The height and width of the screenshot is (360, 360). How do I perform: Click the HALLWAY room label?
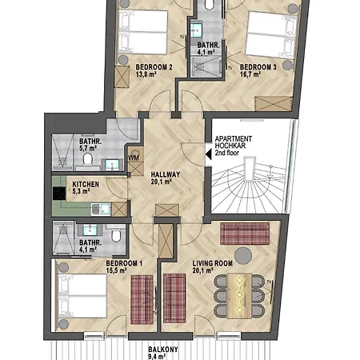pos(166,174)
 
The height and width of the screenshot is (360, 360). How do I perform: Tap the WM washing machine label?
pos(134,158)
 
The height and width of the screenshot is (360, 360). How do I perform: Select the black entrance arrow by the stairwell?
pos(208,154)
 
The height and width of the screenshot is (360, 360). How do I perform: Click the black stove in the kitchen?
pos(59,194)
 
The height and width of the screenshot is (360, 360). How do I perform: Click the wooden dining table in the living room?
pos(239,296)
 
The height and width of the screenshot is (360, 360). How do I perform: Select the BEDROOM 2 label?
pos(154,67)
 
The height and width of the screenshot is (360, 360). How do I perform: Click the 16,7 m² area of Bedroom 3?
pos(250,74)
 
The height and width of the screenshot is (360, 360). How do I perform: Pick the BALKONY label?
pos(163,350)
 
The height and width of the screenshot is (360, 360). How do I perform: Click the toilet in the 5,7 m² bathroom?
pos(87,159)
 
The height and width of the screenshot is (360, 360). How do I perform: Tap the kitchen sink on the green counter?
pos(101,210)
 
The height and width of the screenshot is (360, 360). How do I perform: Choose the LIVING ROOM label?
pos(213,263)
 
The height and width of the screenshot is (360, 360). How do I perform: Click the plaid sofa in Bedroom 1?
pos(142,299)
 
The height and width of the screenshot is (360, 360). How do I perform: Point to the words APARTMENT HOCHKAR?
pos(234,142)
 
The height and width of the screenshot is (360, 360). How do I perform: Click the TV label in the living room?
pos(269,282)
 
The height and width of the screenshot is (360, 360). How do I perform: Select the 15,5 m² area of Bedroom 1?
pos(116,270)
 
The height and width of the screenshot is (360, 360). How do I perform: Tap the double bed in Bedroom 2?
pos(143,32)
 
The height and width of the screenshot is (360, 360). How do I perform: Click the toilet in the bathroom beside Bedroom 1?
pos(116,236)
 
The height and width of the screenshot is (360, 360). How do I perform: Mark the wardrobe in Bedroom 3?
pos(273,104)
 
